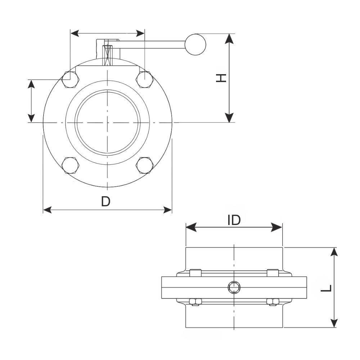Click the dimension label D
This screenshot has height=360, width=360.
[x=105, y=202]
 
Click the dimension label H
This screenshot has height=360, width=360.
[x=221, y=78]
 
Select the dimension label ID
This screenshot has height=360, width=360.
[x=234, y=220]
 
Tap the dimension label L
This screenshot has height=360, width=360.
[x=326, y=288]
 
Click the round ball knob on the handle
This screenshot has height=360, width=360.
[x=195, y=45]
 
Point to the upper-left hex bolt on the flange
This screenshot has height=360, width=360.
[x=69, y=79]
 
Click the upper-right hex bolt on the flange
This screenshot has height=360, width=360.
[x=145, y=79]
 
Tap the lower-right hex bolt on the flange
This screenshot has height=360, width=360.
[x=145, y=166]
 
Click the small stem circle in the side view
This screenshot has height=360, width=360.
[x=234, y=287]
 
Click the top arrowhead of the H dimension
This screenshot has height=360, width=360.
[x=229, y=38]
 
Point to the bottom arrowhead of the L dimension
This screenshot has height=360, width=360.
[x=335, y=323]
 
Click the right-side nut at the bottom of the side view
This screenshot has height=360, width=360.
[x=273, y=302]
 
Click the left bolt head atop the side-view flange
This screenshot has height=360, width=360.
[x=195, y=273]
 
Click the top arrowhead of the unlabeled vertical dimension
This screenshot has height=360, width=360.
[x=31, y=84]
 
